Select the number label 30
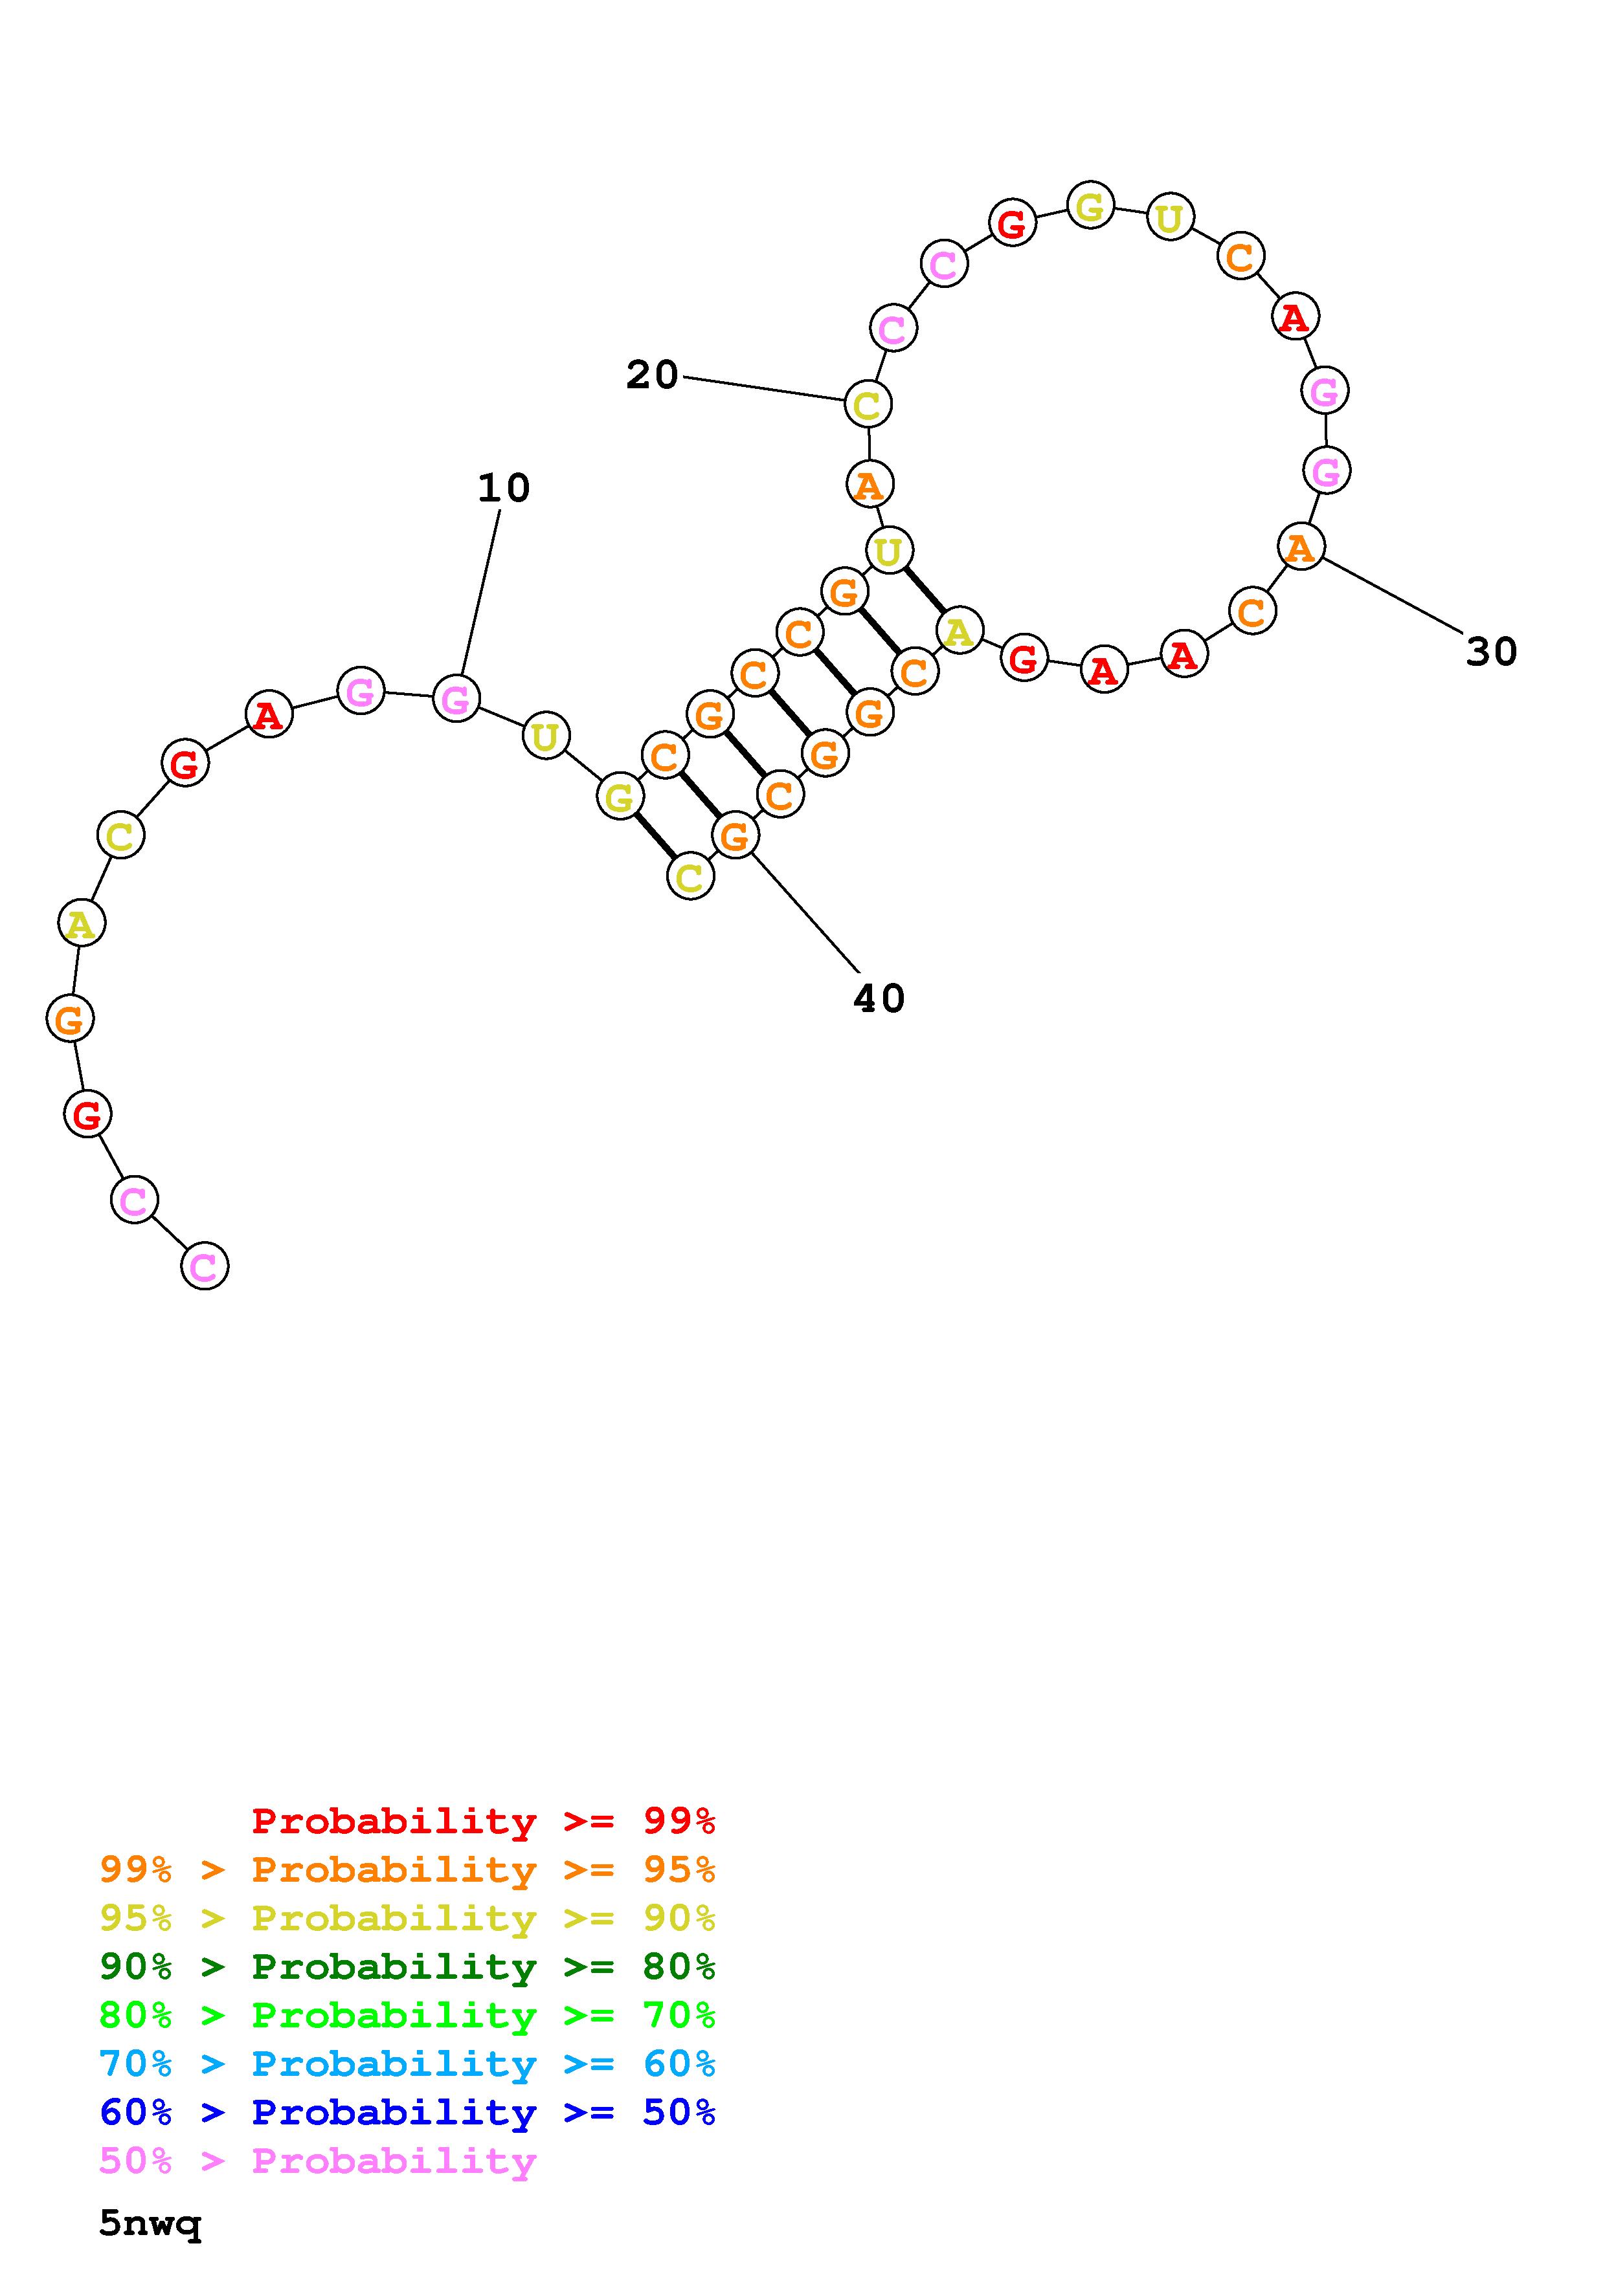[1490, 652]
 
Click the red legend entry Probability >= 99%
[484, 1820]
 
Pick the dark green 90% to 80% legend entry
[407, 1967]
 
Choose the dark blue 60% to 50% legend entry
[407, 2112]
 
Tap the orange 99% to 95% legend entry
[407, 1869]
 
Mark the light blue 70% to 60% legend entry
[407, 2064]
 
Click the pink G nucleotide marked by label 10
[456, 699]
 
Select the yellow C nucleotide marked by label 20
[868, 404]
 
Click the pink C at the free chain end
[205, 1266]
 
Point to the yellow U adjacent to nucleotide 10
[545, 736]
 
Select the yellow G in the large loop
[1090, 206]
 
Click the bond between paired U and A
[924, 590]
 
